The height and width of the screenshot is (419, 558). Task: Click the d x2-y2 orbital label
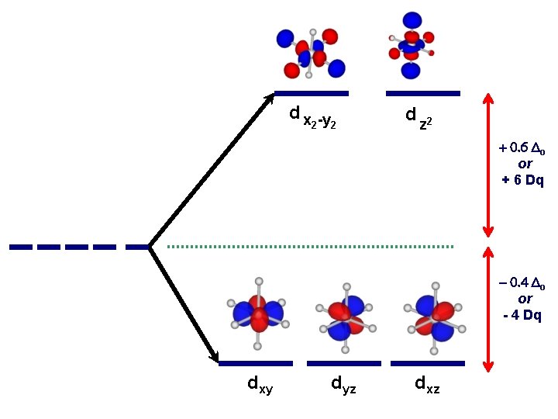312,117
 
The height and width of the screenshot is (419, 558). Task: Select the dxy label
260,383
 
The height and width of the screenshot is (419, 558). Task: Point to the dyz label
343,383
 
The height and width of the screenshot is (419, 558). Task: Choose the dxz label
427,383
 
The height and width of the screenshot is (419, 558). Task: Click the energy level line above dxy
256,363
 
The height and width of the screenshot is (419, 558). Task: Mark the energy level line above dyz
343,363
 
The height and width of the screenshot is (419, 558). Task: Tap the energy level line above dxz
427,363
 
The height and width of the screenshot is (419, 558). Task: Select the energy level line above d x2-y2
312,94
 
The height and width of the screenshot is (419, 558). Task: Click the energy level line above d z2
422,94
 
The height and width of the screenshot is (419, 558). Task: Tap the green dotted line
310,247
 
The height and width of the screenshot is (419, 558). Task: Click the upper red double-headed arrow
488,164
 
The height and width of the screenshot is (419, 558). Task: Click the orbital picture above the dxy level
259,313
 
